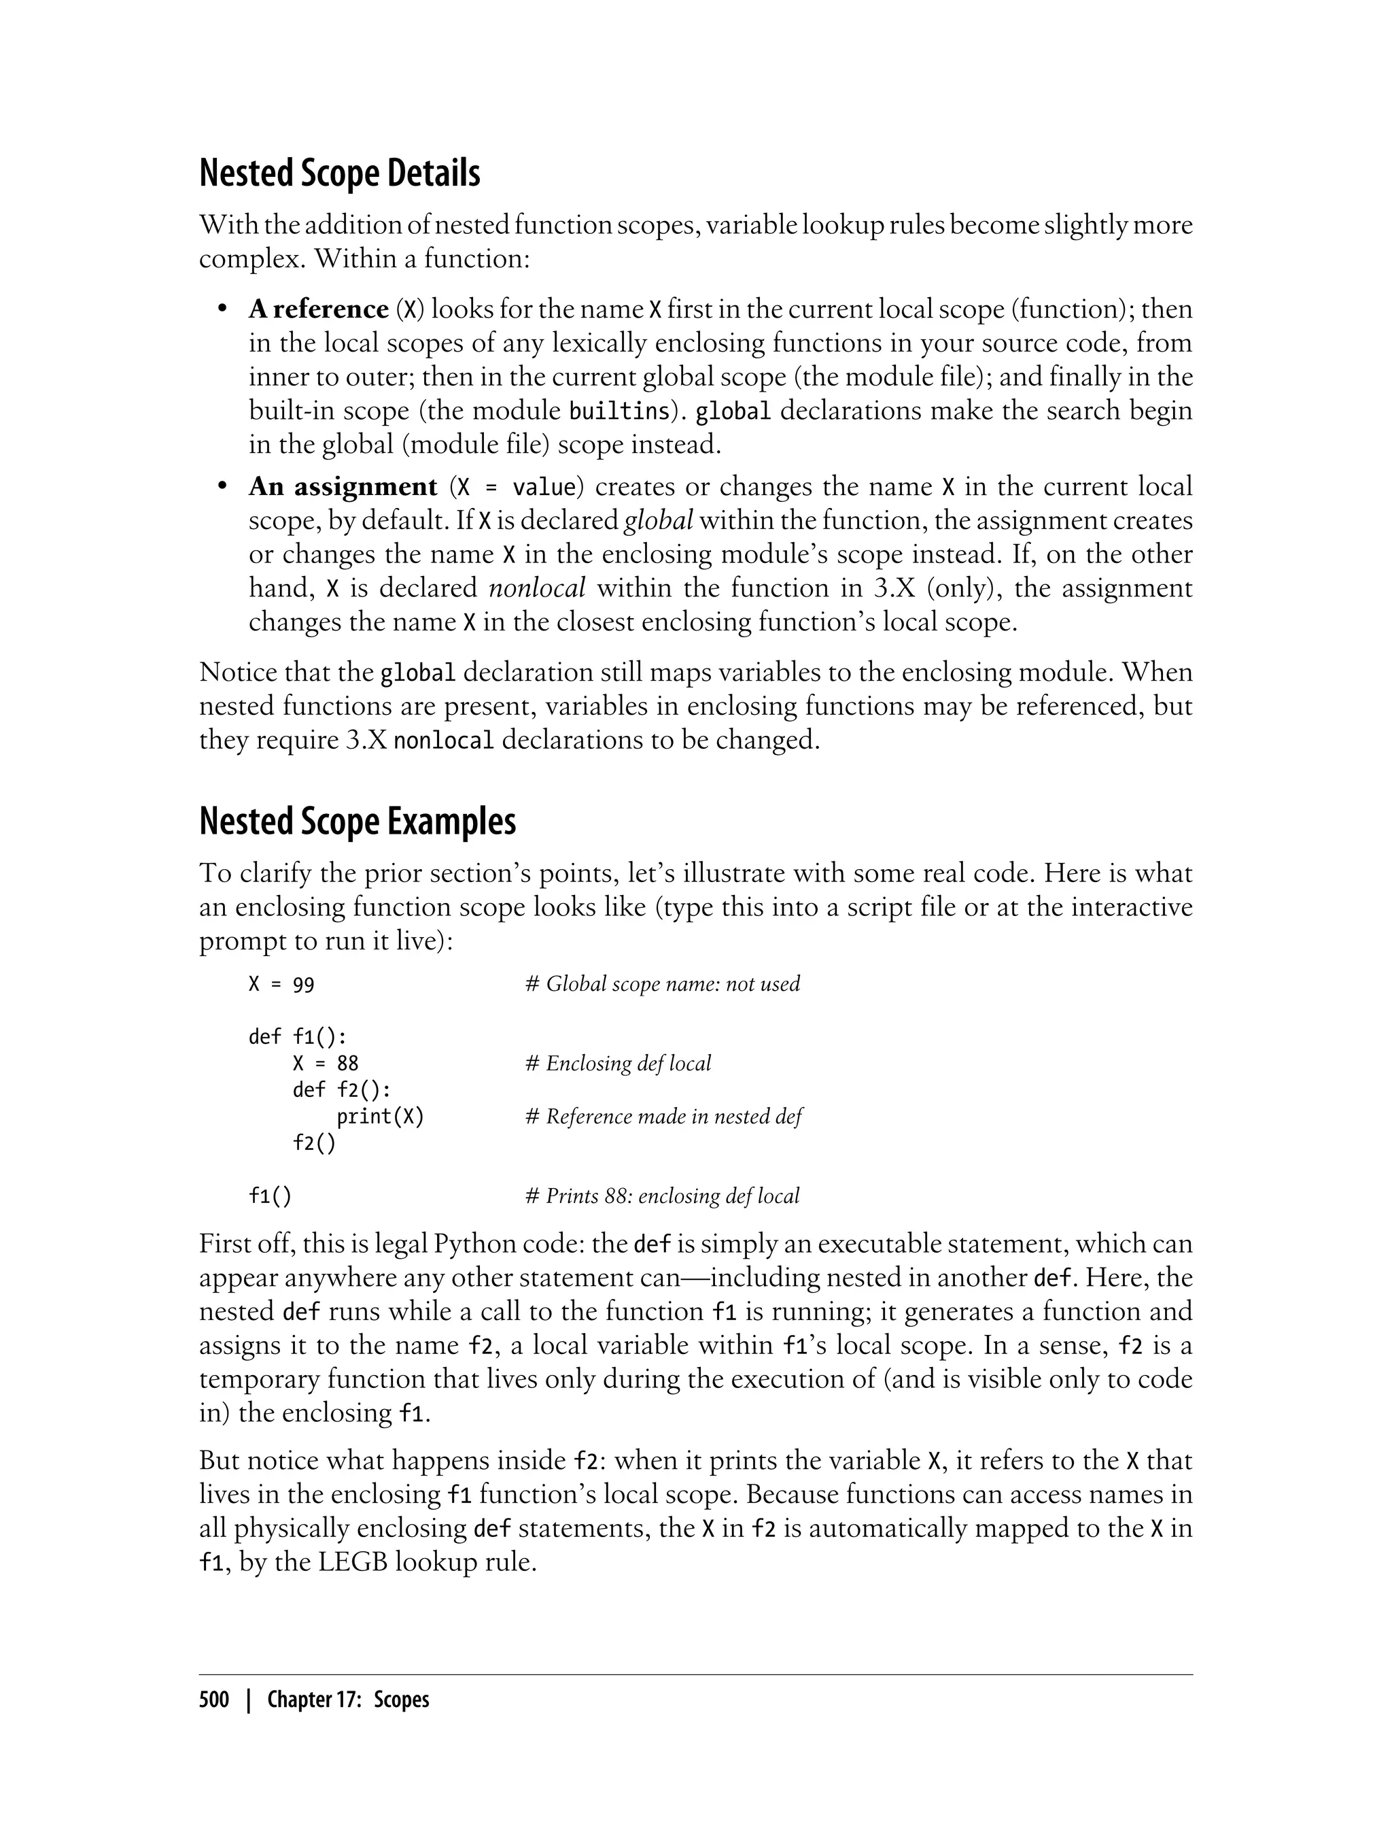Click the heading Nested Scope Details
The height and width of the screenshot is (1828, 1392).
tap(340, 174)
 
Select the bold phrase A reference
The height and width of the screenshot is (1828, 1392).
tap(318, 309)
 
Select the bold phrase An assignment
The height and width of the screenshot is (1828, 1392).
tap(342, 487)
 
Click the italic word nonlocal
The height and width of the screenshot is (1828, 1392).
tap(537, 589)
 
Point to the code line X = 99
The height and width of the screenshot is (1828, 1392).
tap(281, 985)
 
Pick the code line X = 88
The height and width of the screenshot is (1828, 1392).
tap(325, 1064)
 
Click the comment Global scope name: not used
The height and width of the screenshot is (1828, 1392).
tap(663, 984)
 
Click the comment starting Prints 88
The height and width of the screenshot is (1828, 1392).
tap(663, 1196)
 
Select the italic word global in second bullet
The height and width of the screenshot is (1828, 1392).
tap(658, 521)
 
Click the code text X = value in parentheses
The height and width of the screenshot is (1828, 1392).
tap(516, 487)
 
